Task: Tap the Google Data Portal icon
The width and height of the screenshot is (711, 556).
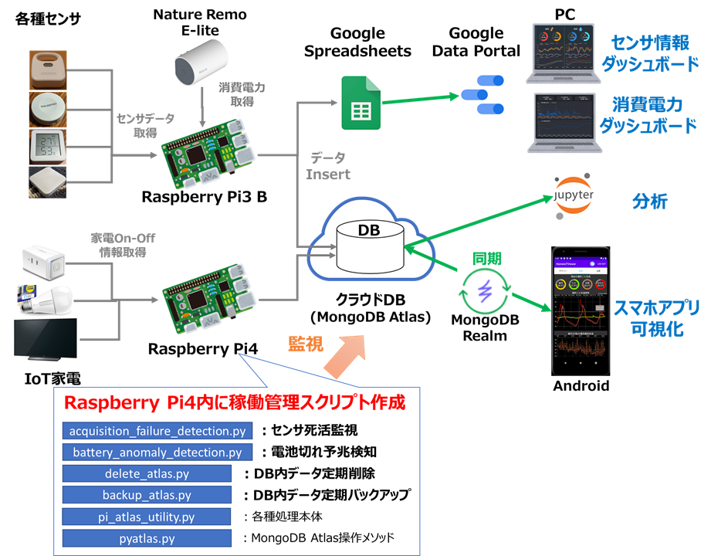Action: [x=482, y=92]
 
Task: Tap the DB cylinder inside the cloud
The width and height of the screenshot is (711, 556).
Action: [x=370, y=247]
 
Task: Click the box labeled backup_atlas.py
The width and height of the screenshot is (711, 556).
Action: [x=147, y=494]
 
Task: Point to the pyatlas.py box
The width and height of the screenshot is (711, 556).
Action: [x=147, y=537]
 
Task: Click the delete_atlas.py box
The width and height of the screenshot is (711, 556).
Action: [x=147, y=473]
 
